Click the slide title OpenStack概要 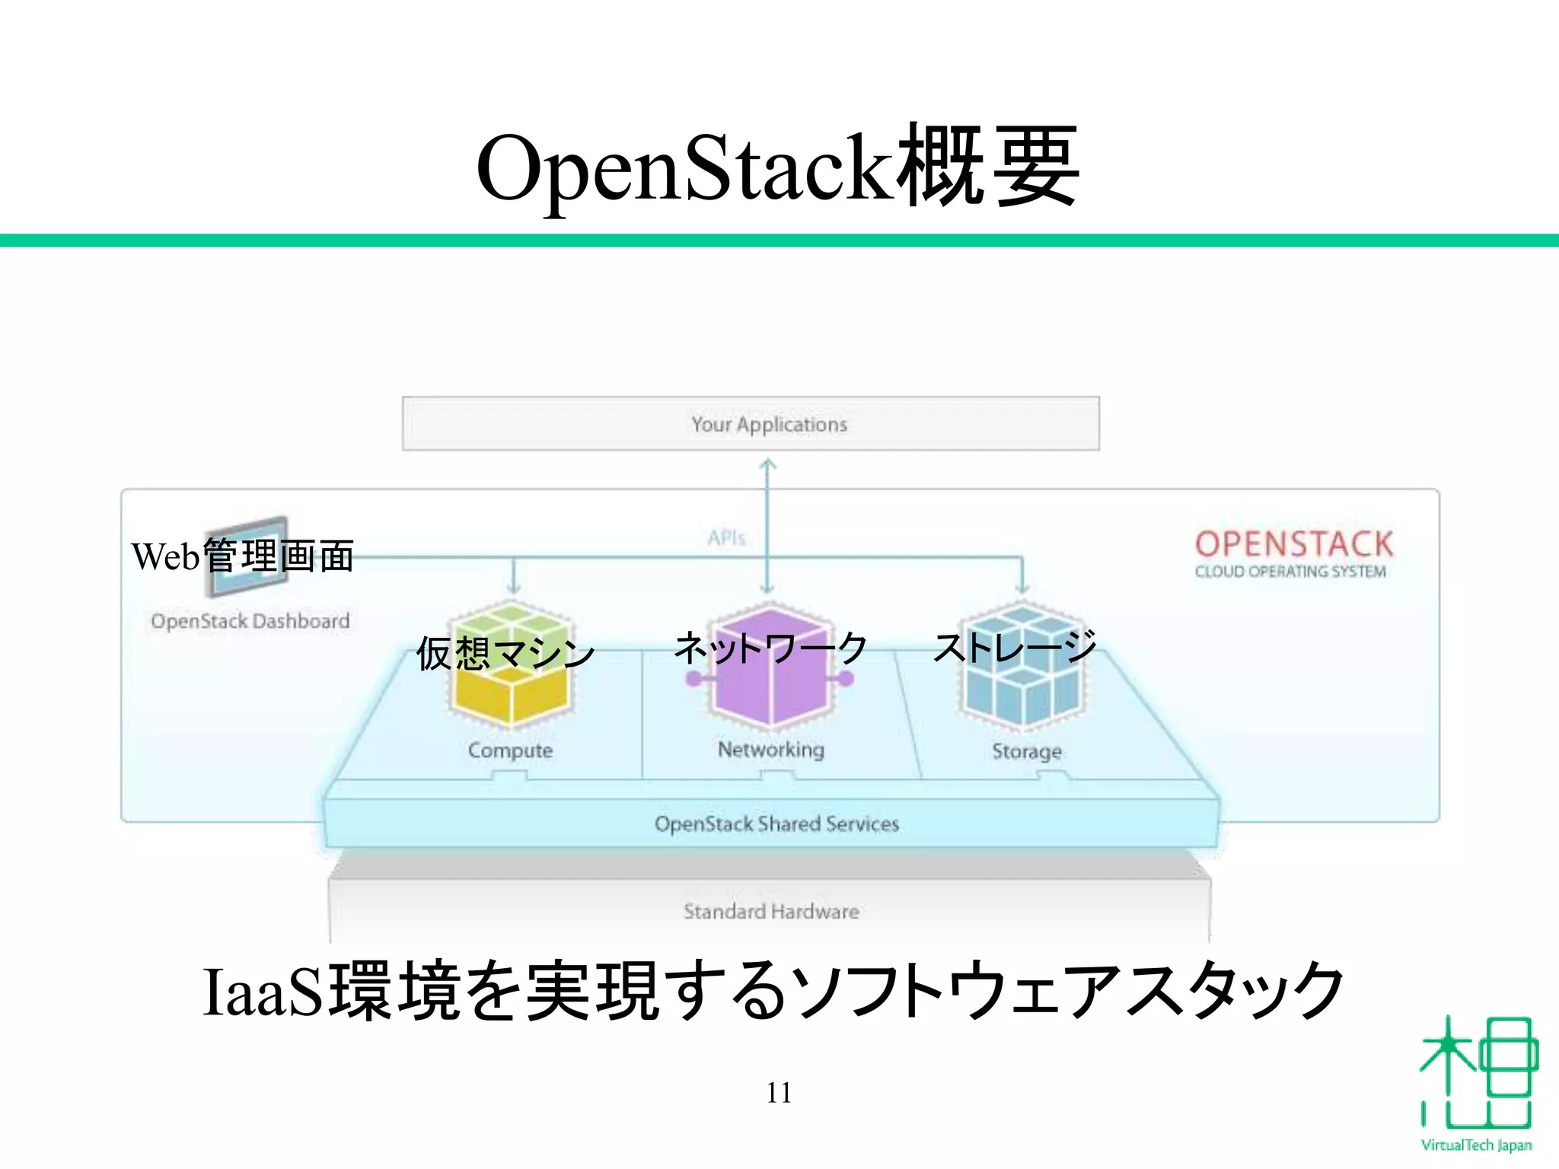pyautogui.click(x=778, y=167)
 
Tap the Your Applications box pyautogui.click(x=751, y=424)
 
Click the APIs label pyautogui.click(x=726, y=538)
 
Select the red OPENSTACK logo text pyautogui.click(x=1293, y=544)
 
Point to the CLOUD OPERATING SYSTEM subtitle pyautogui.click(x=1290, y=572)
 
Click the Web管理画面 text pyautogui.click(x=242, y=556)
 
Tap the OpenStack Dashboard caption pyautogui.click(x=250, y=621)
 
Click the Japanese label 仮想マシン pyautogui.click(x=505, y=653)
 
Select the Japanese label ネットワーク pyautogui.click(x=770, y=648)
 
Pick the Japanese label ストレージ pyautogui.click(x=1015, y=647)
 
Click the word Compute pyautogui.click(x=510, y=750)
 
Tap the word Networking pyautogui.click(x=770, y=750)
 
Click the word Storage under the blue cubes pyautogui.click(x=1026, y=751)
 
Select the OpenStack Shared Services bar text pyautogui.click(x=776, y=823)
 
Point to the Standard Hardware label pyautogui.click(x=770, y=911)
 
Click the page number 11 pyautogui.click(x=779, y=1093)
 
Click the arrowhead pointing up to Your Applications pyautogui.click(x=768, y=463)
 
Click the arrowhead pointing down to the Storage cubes pyautogui.click(x=1022, y=588)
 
